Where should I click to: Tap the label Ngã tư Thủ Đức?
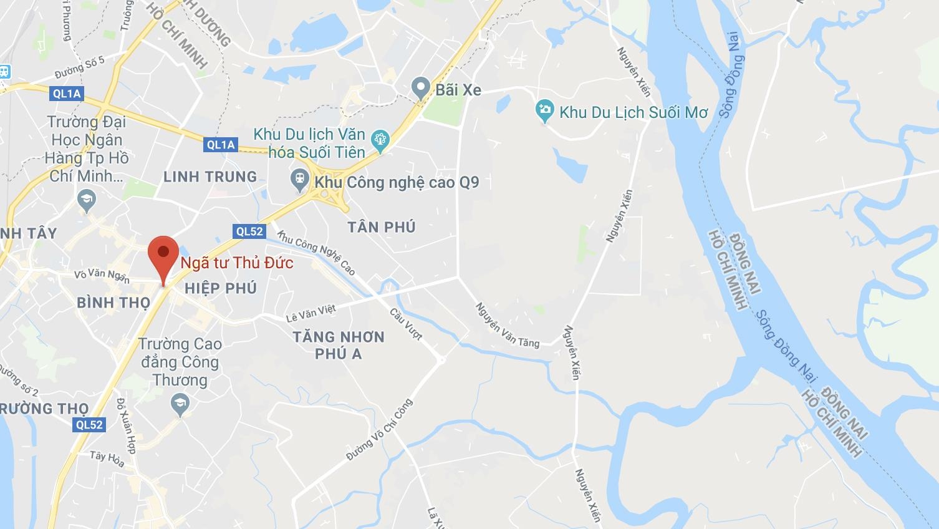coord(237,263)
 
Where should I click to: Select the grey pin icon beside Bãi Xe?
coord(421,89)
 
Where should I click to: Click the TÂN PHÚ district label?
coord(382,226)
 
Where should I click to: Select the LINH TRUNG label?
coord(210,177)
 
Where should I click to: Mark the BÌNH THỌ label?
coord(113,303)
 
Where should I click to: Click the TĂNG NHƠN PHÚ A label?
coord(339,345)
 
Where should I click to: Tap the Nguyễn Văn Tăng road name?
coord(508,324)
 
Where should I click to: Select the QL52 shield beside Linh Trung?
coord(249,231)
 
